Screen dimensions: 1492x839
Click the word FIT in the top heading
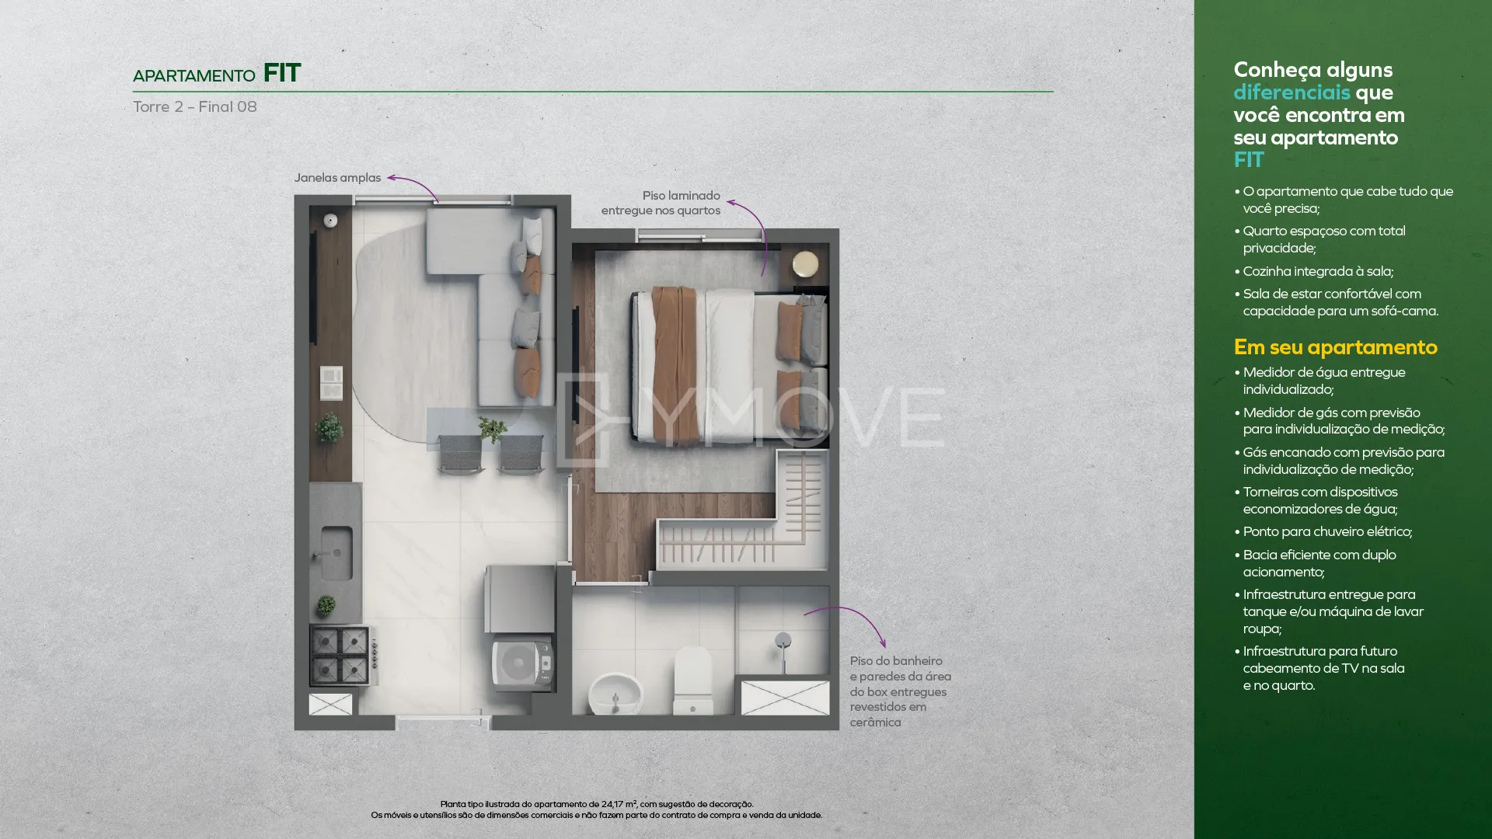pos(282,73)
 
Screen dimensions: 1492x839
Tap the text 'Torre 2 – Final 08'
pos(195,107)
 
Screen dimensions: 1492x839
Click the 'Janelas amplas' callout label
pos(337,178)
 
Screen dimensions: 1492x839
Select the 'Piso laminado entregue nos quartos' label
pos(661,203)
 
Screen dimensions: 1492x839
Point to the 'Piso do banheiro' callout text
pos(896,661)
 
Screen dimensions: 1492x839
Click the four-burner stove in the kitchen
pos(340,655)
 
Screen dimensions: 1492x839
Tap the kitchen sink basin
pos(336,552)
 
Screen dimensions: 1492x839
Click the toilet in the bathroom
pos(692,681)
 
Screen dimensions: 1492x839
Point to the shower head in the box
pos(783,642)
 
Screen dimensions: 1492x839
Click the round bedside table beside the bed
pos(805,264)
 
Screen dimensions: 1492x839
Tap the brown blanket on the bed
pos(675,365)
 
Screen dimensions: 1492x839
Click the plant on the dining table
pos(492,429)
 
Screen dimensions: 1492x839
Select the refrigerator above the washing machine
pos(519,599)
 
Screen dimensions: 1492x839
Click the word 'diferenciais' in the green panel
pos(1292,92)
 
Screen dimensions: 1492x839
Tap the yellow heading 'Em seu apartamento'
pos(1335,347)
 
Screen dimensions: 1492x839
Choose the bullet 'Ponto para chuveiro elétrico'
pos(1327,532)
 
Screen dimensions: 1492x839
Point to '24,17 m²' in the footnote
pos(619,805)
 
